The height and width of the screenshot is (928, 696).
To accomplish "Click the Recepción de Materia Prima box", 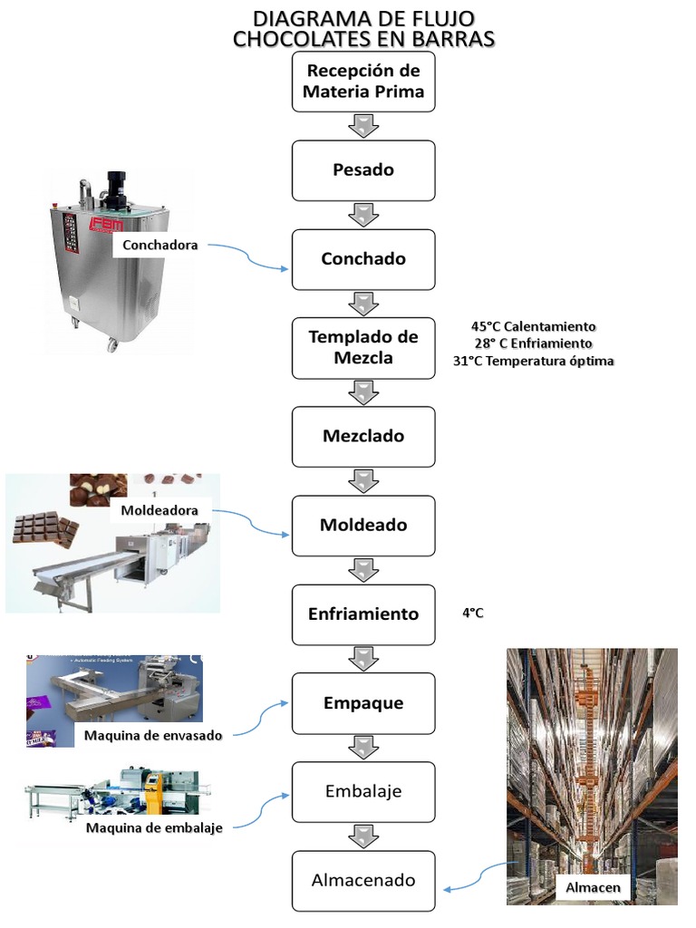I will (363, 82).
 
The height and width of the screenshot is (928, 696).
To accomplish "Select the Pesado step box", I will (363, 170).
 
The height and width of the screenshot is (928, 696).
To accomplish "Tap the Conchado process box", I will (363, 259).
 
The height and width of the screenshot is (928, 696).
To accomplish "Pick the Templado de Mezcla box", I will (363, 347).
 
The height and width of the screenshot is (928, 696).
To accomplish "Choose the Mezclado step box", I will (363, 436).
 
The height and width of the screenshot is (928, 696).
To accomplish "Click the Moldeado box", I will (363, 525).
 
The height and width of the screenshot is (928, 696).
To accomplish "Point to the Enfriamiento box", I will (363, 614).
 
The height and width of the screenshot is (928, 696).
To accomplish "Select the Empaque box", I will (363, 702).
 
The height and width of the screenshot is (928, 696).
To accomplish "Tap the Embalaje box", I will (363, 791).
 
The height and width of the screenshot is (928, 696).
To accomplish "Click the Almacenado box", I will (363, 880).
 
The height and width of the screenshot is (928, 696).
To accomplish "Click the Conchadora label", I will (160, 245).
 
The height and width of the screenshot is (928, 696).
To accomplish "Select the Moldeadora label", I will (159, 511).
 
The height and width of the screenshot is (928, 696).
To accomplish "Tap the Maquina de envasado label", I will (152, 735).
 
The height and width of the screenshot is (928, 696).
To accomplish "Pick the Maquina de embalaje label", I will (154, 827).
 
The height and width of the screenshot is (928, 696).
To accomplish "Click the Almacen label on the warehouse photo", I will (593, 887).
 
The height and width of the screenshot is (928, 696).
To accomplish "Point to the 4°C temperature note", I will (472, 614).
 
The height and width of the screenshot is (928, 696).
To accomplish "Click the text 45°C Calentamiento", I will (533, 326).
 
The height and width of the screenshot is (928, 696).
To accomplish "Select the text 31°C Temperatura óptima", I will (533, 361).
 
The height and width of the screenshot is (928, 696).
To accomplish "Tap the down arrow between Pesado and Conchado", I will (363, 215).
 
